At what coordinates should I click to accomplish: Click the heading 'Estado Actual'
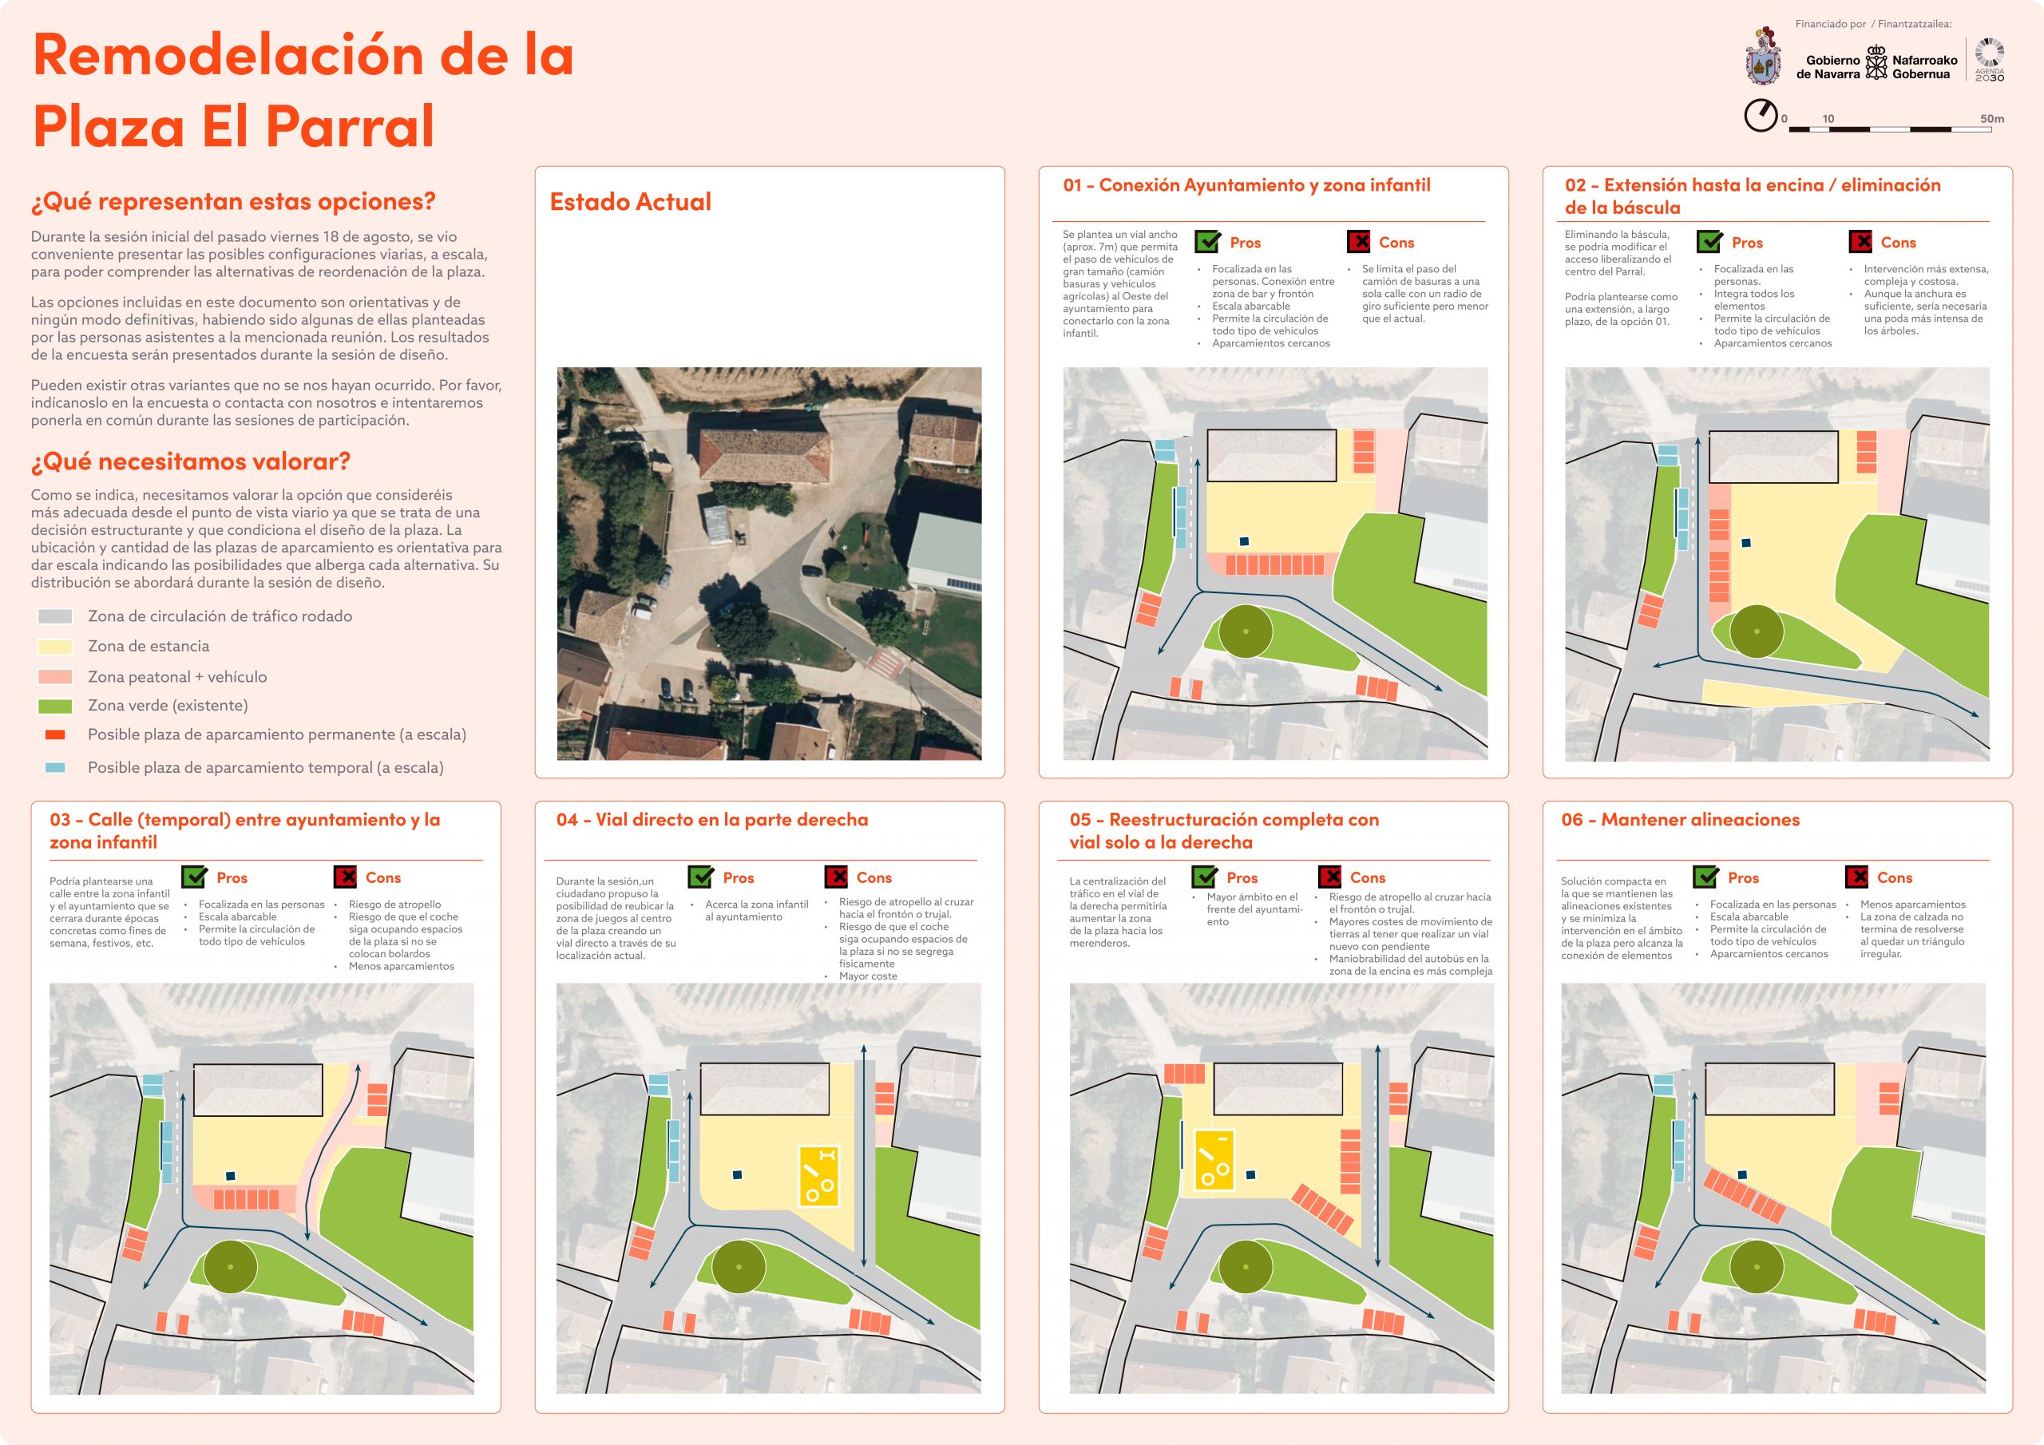tap(630, 202)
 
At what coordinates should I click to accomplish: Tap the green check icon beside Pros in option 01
tap(1207, 241)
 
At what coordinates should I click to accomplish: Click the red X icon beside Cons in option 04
tap(836, 877)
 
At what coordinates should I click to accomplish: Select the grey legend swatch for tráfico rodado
tap(55, 616)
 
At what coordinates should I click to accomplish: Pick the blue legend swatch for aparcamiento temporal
tap(55, 767)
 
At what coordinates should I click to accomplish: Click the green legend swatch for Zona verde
tap(55, 706)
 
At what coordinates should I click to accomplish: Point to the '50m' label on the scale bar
tap(1991, 118)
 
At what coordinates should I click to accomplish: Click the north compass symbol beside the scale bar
tap(1760, 116)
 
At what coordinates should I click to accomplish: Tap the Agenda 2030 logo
tap(1989, 60)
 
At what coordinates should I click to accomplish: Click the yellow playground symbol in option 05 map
tap(1214, 1159)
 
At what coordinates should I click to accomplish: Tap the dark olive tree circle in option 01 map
tap(1246, 631)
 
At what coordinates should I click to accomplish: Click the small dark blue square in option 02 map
tap(1745, 542)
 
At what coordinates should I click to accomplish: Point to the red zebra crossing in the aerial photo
tap(883, 663)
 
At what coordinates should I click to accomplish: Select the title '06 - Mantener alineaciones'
tap(1680, 820)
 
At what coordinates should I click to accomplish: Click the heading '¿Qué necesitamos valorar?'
tap(191, 461)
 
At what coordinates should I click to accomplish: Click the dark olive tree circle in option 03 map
tap(231, 1266)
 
